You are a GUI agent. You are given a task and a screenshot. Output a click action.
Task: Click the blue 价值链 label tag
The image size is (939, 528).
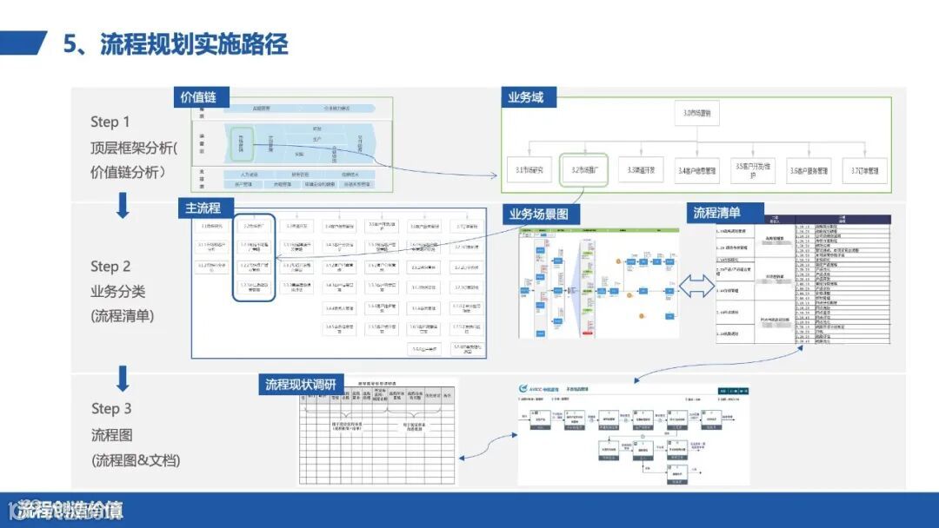(198, 97)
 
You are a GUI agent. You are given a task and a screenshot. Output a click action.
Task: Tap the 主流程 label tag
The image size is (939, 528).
(203, 208)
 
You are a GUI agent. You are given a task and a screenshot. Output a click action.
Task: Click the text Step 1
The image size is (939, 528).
(110, 122)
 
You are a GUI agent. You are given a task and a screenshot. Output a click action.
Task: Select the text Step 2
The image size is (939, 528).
(110, 267)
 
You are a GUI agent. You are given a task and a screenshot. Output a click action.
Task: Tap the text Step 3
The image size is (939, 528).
(111, 408)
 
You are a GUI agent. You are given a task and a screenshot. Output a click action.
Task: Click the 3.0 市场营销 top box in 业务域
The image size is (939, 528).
(701, 114)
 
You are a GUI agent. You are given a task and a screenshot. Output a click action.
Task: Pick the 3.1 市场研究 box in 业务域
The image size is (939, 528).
(529, 169)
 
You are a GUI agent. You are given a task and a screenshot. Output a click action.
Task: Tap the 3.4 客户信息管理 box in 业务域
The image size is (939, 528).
(698, 170)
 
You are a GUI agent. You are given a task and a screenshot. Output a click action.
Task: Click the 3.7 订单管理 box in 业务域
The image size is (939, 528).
(864, 170)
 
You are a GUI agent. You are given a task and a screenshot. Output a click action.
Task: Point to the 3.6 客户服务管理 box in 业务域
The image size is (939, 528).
(809, 170)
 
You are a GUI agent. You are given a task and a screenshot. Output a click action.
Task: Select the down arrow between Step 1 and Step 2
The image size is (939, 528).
(123, 206)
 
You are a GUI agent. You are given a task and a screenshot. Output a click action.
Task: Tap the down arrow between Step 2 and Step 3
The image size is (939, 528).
(123, 378)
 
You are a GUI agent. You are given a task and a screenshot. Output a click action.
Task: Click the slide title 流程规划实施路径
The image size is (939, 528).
(194, 43)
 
